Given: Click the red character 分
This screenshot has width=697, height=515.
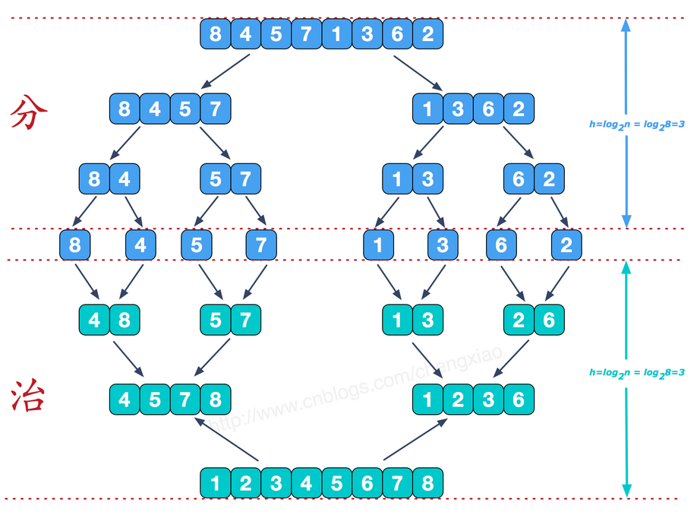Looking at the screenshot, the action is point(29,113).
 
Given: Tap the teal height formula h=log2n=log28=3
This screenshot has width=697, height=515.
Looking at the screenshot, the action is point(637,372).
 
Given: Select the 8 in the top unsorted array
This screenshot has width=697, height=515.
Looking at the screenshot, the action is point(216,34).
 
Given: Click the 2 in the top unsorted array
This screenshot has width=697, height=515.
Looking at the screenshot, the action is point(427,34).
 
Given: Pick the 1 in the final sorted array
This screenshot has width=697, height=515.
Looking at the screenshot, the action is point(216,482).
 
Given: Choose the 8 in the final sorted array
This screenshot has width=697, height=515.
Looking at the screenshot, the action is point(427,482).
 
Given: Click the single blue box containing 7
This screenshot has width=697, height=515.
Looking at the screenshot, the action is point(261,245).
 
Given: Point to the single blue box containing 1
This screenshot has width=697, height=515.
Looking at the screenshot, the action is point(378,245).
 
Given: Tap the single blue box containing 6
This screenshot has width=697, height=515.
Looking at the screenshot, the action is point(501,245).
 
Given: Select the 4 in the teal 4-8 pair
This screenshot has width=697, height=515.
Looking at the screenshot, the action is point(94,320).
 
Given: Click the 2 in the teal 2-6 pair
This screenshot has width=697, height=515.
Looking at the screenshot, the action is point(519,320).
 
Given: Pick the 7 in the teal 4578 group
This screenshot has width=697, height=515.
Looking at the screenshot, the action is point(185,399).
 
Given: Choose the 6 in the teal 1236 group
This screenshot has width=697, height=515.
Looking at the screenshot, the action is point(519,399).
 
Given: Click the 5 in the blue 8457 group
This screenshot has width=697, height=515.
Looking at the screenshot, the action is point(185,109).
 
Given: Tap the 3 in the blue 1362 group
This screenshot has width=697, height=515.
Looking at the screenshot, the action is point(458,109).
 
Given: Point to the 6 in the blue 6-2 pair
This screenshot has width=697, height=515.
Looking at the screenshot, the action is point(519,179).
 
